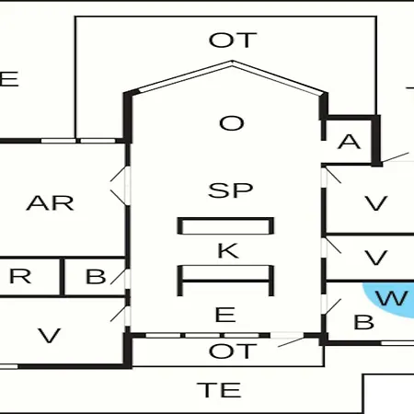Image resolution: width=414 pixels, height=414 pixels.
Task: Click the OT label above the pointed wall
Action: [233, 40]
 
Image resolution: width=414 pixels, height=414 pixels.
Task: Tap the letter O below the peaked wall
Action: [232, 123]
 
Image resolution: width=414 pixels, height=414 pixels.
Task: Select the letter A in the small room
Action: [349, 142]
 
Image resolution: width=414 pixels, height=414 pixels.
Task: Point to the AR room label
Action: [50, 203]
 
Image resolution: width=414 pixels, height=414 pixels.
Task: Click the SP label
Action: [231, 190]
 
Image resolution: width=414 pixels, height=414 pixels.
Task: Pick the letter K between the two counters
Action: [228, 250]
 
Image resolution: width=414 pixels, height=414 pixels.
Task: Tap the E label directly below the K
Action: [225, 315]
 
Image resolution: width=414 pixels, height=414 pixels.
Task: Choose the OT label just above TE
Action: [233, 351]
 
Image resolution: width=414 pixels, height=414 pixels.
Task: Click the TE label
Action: [219, 390]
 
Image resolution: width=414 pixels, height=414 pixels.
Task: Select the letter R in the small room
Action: [20, 276]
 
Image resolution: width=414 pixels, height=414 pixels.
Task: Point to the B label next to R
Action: [96, 276]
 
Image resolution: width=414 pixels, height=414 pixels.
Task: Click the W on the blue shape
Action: [392, 298]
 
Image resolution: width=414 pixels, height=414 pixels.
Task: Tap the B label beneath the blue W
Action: [364, 322]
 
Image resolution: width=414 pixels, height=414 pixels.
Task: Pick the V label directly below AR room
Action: [49, 336]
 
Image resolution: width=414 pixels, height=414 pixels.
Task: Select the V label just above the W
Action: [376, 258]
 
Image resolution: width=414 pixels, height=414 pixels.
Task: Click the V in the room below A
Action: [376, 203]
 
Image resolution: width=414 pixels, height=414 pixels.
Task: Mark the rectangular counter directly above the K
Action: [225, 226]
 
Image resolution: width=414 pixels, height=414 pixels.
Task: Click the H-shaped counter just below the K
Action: [225, 281]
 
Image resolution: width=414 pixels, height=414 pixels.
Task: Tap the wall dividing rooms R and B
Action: [62, 277]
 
